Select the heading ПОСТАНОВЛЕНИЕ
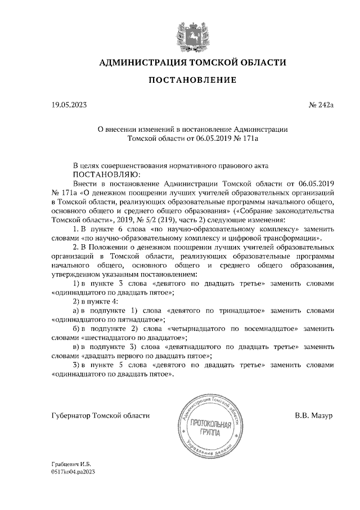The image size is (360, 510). (x=192, y=80)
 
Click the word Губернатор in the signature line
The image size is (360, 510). (x=71, y=415)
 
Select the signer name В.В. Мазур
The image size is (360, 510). (x=314, y=415)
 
